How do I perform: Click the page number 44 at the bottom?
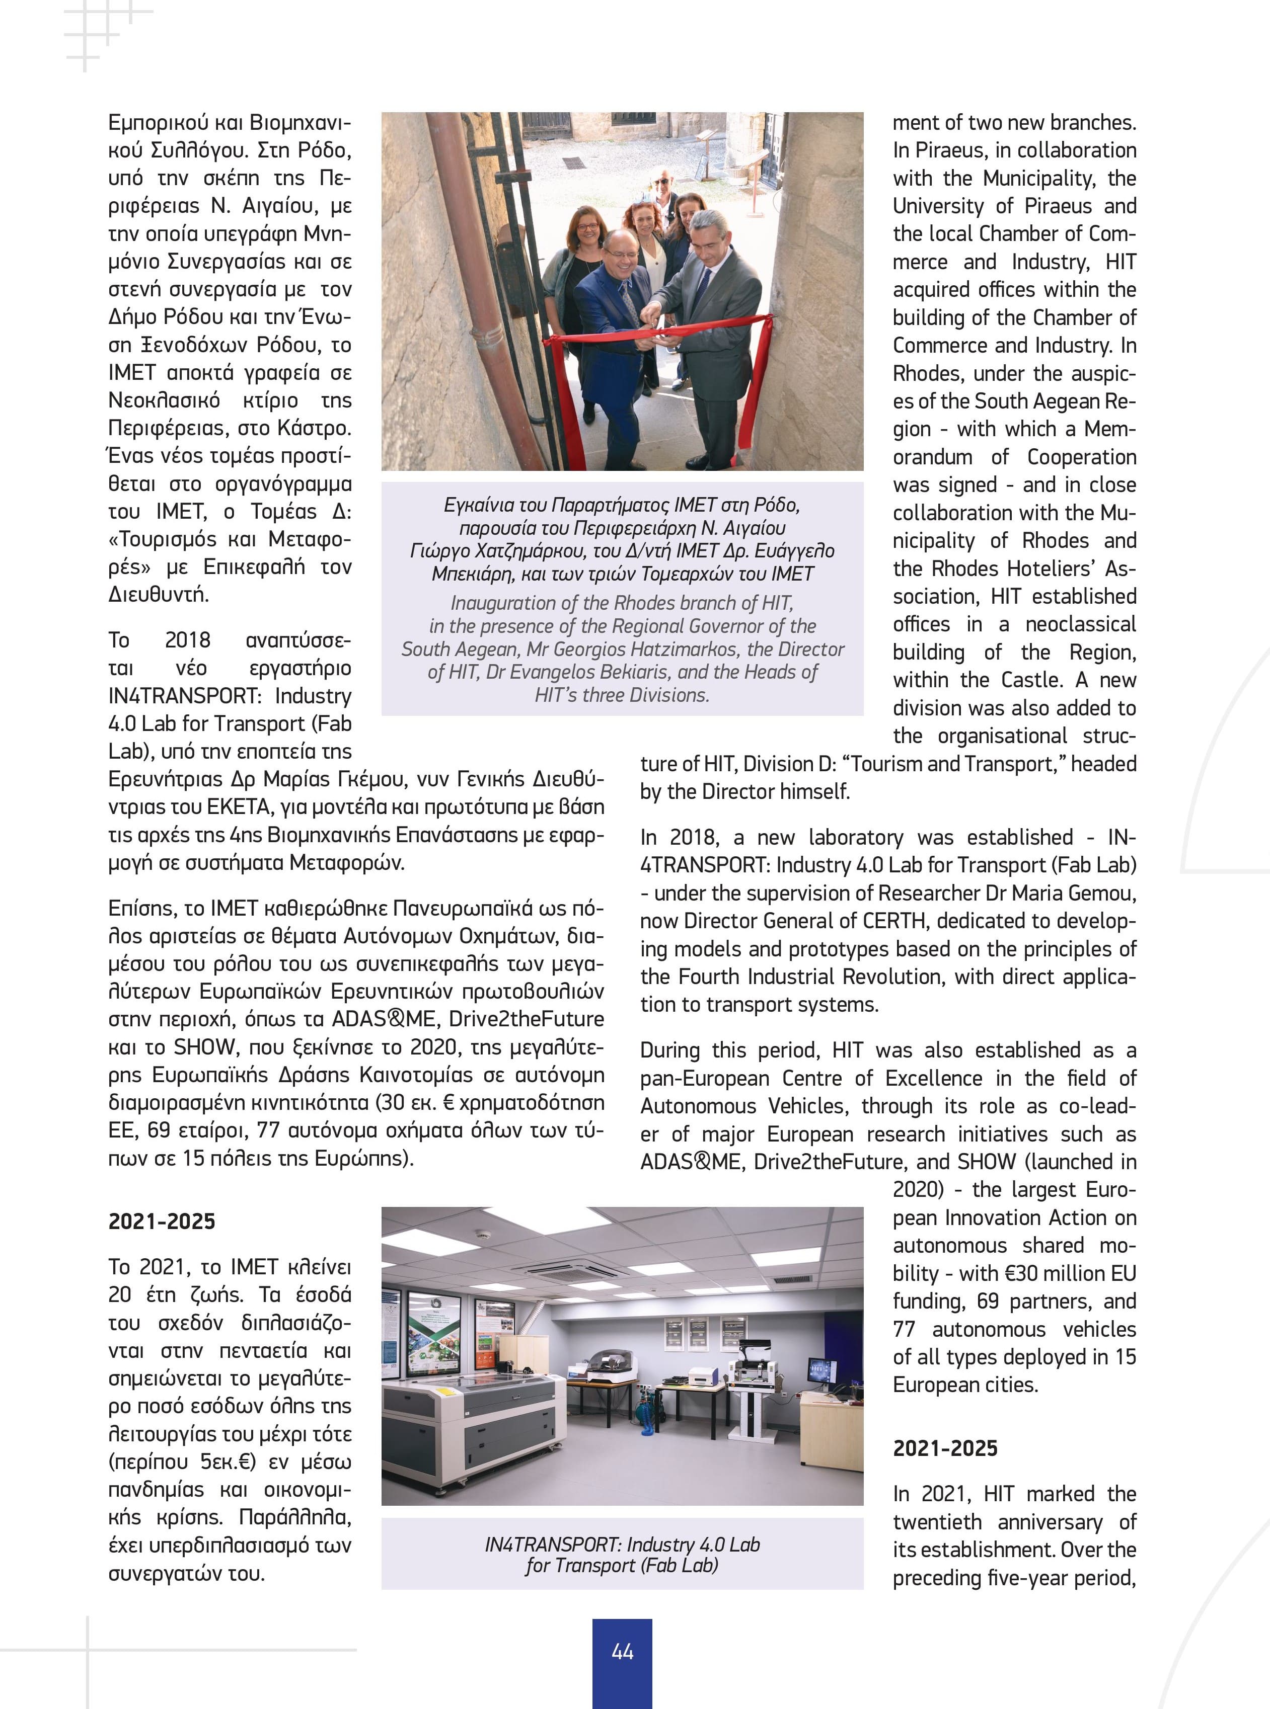622,1651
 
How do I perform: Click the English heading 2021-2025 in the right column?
945,1448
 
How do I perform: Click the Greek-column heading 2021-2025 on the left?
162,1221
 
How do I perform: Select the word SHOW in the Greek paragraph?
204,1046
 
